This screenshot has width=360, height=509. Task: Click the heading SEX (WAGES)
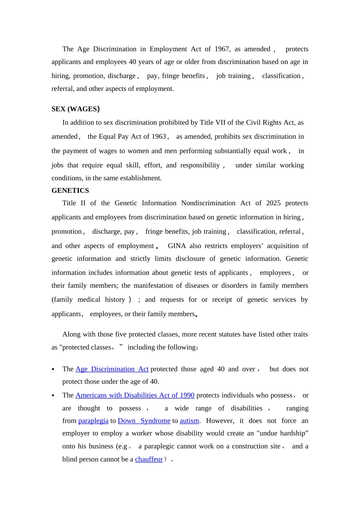[75, 109]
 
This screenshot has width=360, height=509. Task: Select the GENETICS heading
[70, 190]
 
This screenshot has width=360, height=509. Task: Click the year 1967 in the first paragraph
[222, 49]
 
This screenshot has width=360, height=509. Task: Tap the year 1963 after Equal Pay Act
[158, 136]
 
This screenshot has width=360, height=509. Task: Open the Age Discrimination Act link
[112, 369]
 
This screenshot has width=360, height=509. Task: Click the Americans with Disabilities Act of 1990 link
[135, 395]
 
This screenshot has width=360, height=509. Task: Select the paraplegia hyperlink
[93, 421]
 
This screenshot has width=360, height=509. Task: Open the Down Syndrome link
[144, 421]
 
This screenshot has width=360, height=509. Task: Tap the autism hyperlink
[189, 421]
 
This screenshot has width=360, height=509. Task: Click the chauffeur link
[149, 459]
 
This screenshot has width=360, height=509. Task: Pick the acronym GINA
[177, 246]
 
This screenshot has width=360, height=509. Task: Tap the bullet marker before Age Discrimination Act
[53, 369]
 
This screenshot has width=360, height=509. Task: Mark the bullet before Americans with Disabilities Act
[53, 395]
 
